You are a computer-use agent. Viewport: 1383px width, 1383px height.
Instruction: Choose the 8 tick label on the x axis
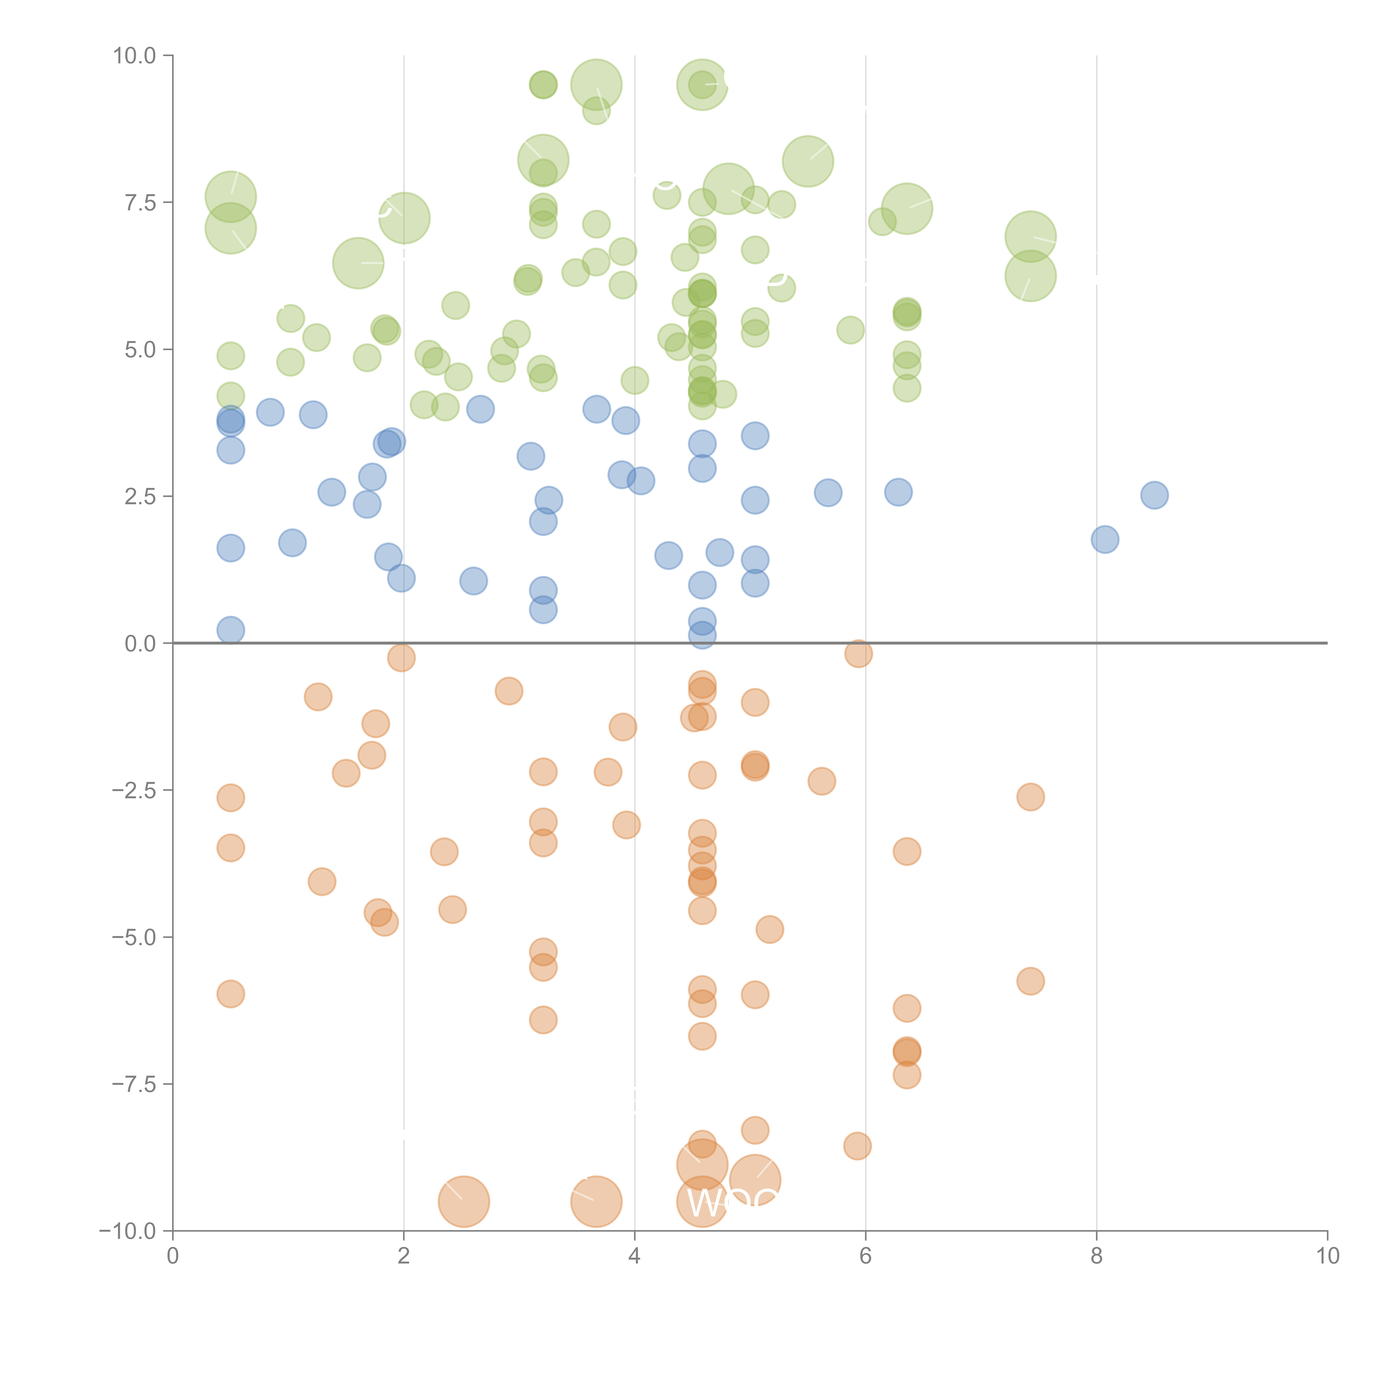1097,1256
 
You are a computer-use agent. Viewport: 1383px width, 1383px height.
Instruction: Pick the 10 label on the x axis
1327,1256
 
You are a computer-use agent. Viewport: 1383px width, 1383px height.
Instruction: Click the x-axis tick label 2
404,1256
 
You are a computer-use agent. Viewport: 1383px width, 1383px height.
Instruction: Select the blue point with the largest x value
1154,495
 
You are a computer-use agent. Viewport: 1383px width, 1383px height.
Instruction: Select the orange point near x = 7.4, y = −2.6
1030,797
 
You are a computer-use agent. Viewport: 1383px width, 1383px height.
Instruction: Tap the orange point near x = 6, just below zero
857,653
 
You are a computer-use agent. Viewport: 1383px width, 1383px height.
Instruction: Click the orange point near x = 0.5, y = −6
230,994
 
